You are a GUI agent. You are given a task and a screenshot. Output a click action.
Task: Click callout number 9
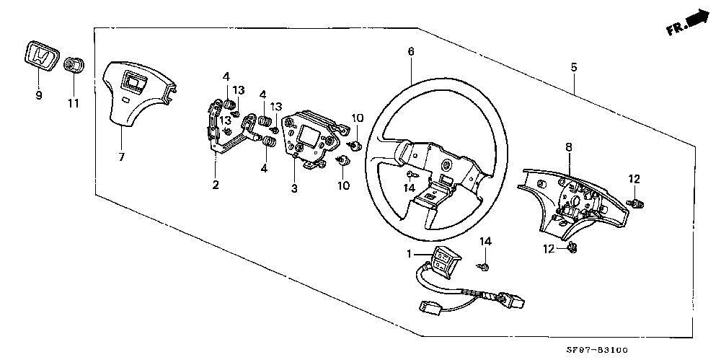[x=39, y=95]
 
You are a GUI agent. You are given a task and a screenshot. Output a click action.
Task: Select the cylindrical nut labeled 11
[x=71, y=66]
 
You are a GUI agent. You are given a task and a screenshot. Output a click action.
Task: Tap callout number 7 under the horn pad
[x=121, y=157]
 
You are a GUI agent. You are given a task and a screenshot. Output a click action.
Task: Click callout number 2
[x=215, y=185]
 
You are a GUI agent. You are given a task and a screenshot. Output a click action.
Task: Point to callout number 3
[x=294, y=188]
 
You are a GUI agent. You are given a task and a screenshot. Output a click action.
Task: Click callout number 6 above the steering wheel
[x=411, y=51]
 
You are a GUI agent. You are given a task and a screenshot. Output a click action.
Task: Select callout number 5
[x=573, y=68]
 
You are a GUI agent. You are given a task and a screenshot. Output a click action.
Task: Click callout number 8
[x=569, y=147]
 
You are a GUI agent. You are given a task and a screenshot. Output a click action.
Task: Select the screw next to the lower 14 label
[x=484, y=266]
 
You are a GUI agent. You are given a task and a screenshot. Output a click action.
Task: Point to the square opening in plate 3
[x=306, y=138]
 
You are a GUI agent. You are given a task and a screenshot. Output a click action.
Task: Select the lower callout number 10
[x=343, y=186]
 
